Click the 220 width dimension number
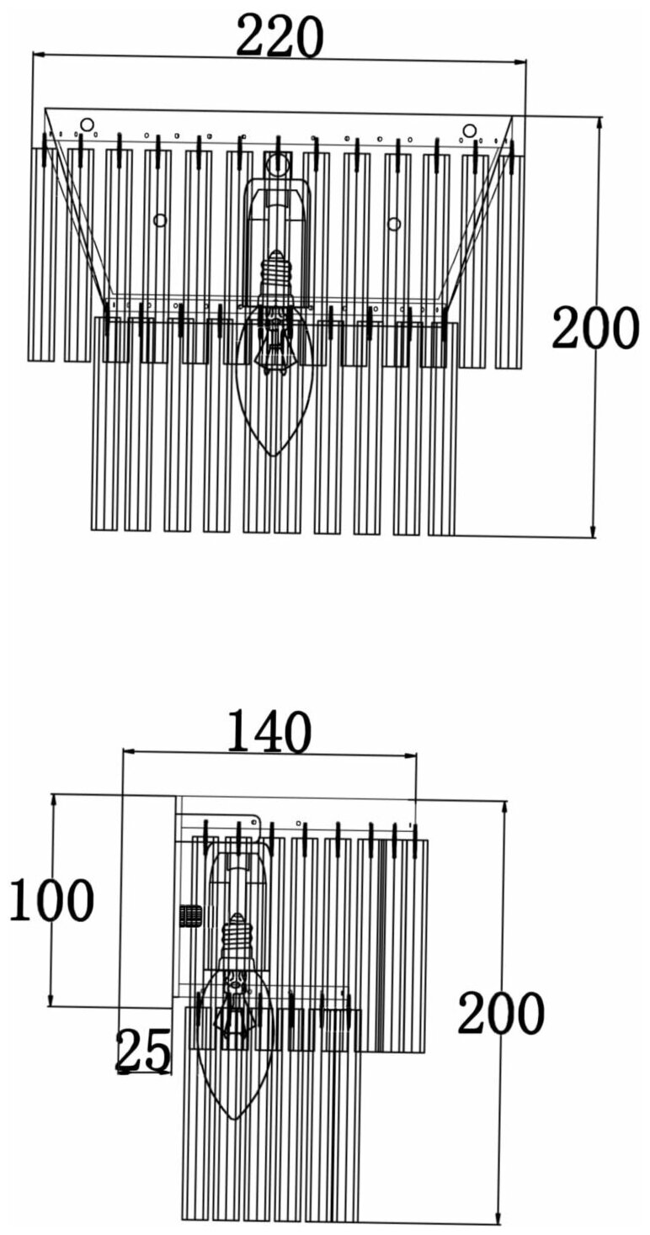coord(280,39)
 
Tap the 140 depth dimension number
coord(269,733)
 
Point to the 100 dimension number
coord(51,901)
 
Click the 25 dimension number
coord(142,1052)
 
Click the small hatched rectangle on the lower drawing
coord(190,916)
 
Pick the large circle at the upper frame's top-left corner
coord(87,125)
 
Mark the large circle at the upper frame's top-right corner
coord(469,130)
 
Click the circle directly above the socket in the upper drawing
coord(277,165)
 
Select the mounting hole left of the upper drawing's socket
coord(160,220)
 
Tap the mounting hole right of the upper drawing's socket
coord(394,223)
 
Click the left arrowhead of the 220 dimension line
coord(36,56)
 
